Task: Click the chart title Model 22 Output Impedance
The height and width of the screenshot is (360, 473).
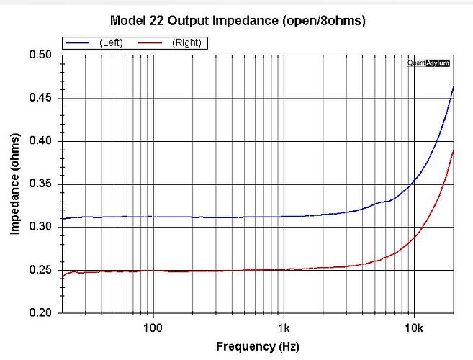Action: [238, 21]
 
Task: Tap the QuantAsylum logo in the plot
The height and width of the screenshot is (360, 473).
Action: [428, 63]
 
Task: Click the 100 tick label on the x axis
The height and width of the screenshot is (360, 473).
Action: [153, 328]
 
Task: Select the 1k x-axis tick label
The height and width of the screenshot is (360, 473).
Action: [284, 328]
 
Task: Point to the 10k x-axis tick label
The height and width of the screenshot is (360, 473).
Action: [413, 328]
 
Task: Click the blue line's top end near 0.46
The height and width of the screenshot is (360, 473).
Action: [454, 87]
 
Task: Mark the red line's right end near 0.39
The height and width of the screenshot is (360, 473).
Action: [454, 150]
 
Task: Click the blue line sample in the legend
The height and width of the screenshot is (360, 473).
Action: [78, 43]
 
